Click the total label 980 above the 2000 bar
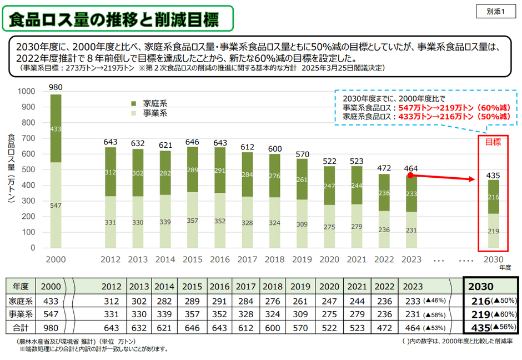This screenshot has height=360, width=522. point(56,87)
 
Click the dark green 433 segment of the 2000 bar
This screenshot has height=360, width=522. point(56,129)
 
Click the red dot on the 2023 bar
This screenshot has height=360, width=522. point(410,176)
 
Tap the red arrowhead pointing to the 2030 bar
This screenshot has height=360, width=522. point(472,179)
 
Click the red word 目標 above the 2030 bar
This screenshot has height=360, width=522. point(493,142)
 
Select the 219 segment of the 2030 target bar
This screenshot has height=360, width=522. point(493,231)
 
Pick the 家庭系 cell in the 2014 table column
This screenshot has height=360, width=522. point(164,301)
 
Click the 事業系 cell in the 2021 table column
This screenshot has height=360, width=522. point(357,314)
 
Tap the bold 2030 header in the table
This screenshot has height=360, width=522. point(481,287)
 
